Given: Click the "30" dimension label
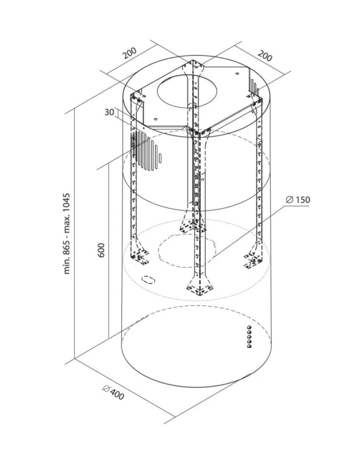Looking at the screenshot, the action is pyautogui.click(x=109, y=112).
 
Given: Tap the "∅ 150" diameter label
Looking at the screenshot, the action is pyautogui.click(x=298, y=200).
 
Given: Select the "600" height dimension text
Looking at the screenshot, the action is pyautogui.click(x=101, y=250).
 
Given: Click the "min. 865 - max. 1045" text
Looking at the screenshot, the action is pyautogui.click(x=67, y=233).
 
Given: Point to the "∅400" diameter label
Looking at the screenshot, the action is pyautogui.click(x=114, y=392).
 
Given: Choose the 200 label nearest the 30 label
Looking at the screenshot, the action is pyautogui.click(x=129, y=53).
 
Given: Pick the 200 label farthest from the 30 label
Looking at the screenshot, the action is pyautogui.click(x=265, y=56).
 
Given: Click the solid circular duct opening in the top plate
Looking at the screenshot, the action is pyautogui.click(x=187, y=91).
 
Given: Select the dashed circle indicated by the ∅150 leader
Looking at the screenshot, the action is pyautogui.click(x=187, y=250).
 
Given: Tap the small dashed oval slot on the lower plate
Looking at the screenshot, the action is pyautogui.click(x=148, y=279).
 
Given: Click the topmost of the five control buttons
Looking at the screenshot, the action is pyautogui.click(x=249, y=327).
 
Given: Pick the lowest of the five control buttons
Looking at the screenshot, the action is pyautogui.click(x=250, y=346).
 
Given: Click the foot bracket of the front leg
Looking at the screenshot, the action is pyautogui.click(x=200, y=289).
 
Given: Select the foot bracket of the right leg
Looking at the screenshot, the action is pyautogui.click(x=253, y=258).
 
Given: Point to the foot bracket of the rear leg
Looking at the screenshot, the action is pyautogui.click(x=192, y=226).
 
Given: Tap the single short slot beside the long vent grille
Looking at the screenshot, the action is pyautogui.click(x=160, y=158).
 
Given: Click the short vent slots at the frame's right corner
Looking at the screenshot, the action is pyautogui.click(x=254, y=86).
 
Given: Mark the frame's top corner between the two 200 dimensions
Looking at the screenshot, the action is pyautogui.click(x=193, y=61).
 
